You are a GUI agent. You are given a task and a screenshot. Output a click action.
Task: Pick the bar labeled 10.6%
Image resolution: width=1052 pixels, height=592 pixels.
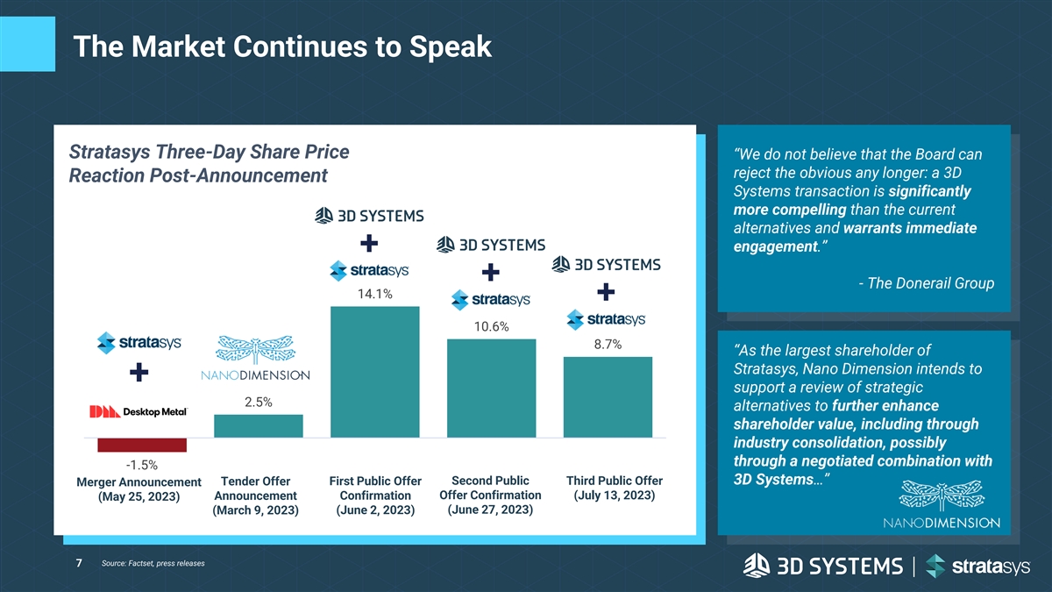click(491, 388)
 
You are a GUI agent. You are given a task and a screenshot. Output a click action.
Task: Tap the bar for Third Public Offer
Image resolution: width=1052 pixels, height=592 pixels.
click(608, 396)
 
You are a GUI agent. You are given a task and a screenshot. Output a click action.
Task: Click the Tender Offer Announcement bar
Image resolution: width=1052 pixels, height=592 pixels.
click(259, 425)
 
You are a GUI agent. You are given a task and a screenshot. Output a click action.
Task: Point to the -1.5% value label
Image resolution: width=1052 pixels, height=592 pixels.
click(141, 465)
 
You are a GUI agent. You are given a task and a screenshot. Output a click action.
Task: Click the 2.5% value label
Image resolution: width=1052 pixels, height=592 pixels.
click(259, 403)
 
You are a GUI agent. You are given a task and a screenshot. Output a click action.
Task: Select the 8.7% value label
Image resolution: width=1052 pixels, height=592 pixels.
click(608, 345)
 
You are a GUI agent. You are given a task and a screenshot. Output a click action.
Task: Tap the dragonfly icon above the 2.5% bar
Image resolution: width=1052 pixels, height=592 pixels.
click(258, 350)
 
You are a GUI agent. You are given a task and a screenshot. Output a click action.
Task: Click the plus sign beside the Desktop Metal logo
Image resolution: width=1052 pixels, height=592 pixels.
click(139, 374)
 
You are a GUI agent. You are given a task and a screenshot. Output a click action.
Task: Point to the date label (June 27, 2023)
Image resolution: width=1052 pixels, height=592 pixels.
click(490, 510)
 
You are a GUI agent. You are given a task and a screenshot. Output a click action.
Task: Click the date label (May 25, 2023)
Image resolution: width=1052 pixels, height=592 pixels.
click(139, 496)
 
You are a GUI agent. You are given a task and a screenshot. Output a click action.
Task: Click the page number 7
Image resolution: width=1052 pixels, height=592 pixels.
click(79, 562)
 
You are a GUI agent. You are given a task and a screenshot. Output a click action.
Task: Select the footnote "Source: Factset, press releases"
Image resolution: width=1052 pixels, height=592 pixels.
click(153, 563)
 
